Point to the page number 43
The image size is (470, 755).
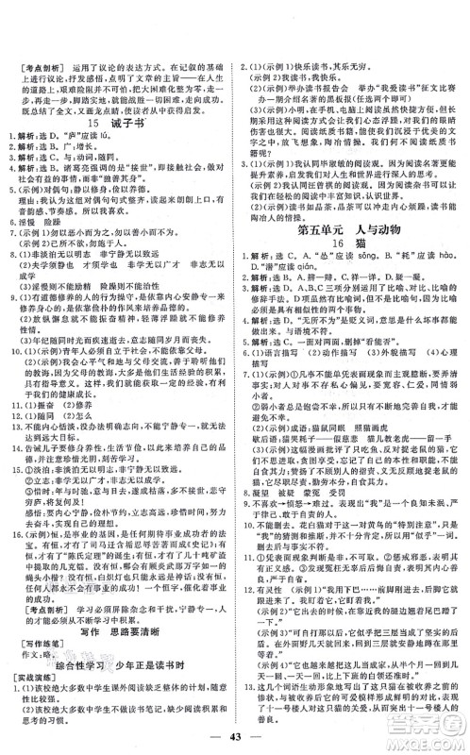pyautogui.click(x=234, y=728)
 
